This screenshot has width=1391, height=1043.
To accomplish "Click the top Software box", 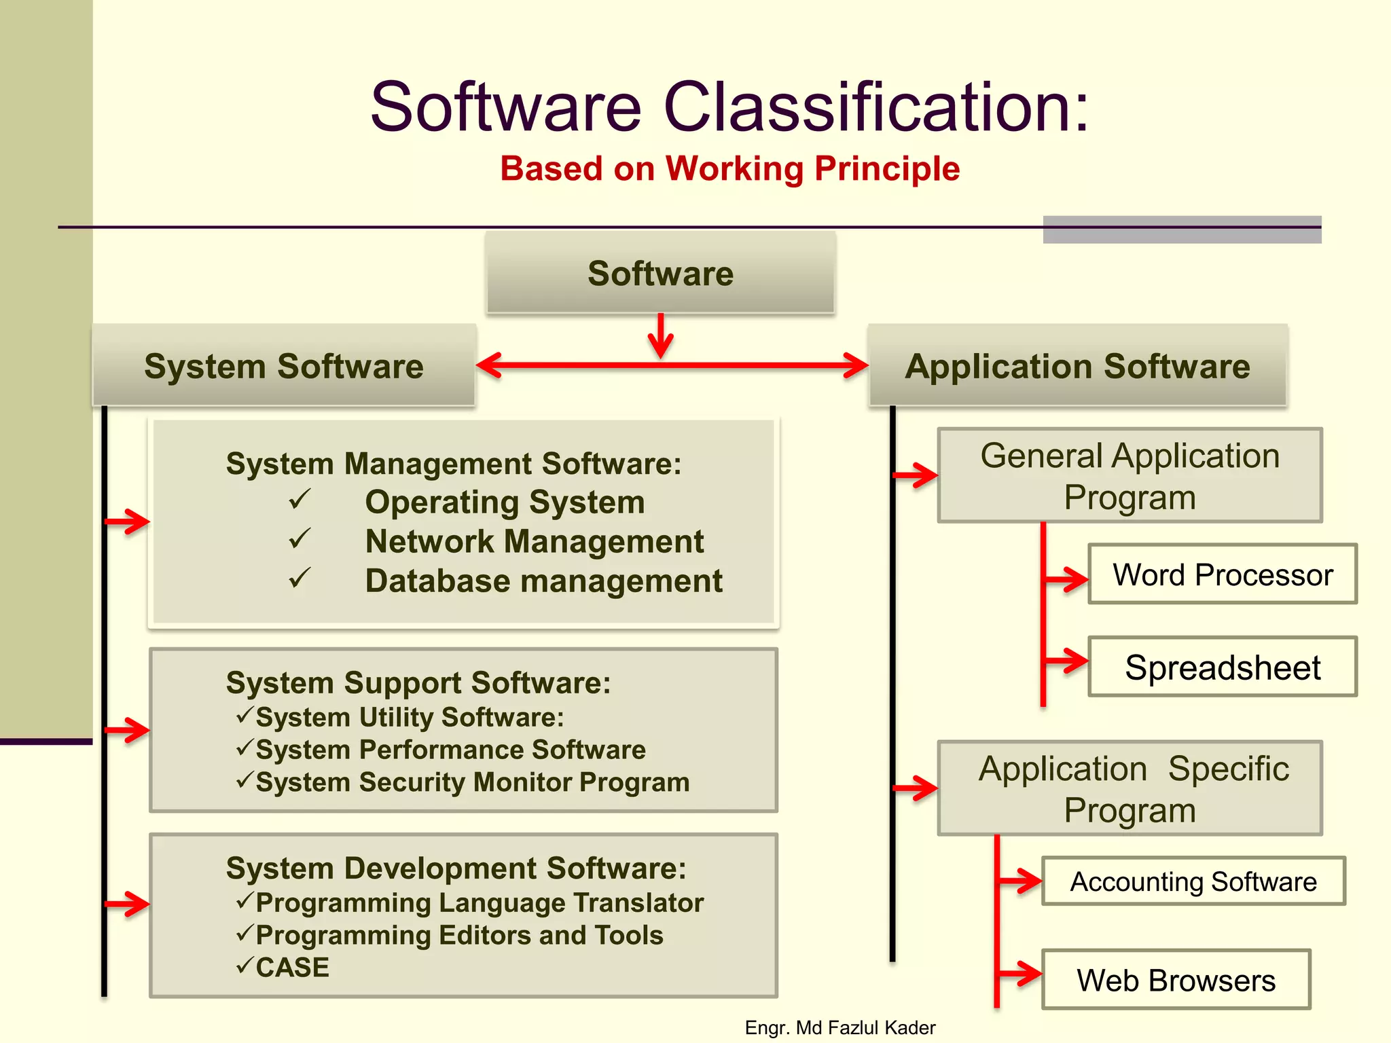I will [660, 273].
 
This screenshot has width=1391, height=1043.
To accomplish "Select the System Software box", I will [284, 366].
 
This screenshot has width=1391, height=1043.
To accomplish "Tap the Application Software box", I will [1077, 366].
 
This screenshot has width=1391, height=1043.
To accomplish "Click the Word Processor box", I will [1222, 574].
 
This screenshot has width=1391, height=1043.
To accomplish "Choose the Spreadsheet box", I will [1222, 667].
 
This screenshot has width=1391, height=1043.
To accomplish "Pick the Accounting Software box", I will [1193, 881].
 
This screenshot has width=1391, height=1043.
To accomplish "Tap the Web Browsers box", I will [1176, 980].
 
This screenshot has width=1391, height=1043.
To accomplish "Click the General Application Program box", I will [1130, 475].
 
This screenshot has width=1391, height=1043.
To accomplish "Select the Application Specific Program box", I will [1130, 788].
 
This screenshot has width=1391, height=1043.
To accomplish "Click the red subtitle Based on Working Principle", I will [729, 168].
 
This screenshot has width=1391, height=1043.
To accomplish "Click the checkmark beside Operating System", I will [300, 500].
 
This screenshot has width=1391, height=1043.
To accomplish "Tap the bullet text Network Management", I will [534, 541].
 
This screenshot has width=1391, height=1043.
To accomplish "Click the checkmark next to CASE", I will [245, 965].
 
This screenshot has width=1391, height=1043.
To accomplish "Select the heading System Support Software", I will [418, 682].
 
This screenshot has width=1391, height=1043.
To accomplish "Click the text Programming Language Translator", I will [480, 902].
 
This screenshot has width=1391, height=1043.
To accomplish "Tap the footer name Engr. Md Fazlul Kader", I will [839, 1027].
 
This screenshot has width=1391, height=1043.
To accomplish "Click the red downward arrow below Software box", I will [660, 336].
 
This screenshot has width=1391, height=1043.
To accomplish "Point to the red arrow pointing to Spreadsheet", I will [1067, 660].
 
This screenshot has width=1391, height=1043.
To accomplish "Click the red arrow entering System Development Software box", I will [128, 904].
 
